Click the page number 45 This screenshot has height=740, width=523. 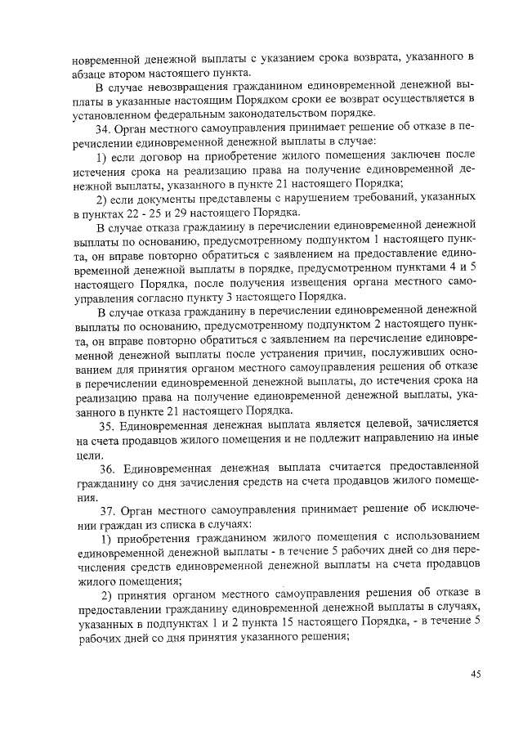coord(475,673)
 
